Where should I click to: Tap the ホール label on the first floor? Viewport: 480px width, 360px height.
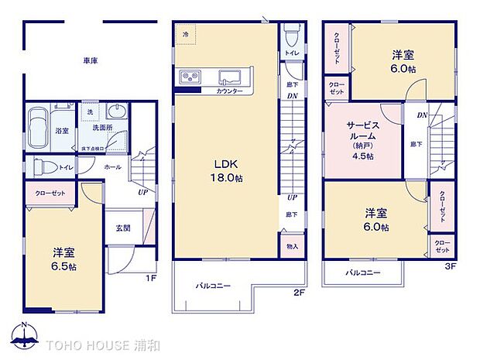pos(113,166)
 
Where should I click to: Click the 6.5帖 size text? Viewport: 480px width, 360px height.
pos(64,266)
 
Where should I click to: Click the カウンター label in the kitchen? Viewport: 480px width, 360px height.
pos(230,91)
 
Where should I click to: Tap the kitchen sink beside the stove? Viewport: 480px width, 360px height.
pos(229,76)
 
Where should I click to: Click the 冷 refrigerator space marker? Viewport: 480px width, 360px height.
pos(185,35)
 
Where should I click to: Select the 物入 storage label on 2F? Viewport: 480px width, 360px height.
pos(291,247)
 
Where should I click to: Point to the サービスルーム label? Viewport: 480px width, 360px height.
pos(362,129)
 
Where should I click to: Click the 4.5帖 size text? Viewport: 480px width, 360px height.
pos(362,156)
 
